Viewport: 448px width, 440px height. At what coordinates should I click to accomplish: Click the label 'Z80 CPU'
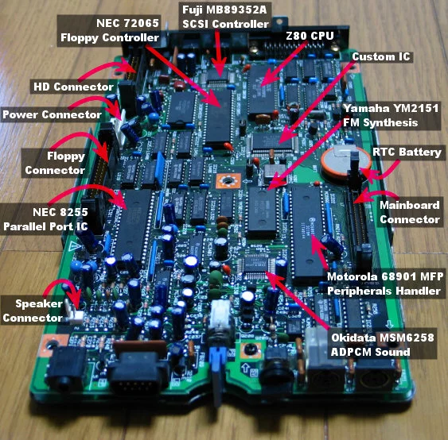(x=310, y=36)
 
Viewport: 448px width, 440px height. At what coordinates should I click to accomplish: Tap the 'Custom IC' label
(x=381, y=56)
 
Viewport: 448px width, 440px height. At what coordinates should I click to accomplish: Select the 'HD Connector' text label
(x=73, y=87)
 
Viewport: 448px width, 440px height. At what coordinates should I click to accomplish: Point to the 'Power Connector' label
(x=52, y=114)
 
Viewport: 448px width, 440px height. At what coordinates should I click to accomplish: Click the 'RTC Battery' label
(x=407, y=152)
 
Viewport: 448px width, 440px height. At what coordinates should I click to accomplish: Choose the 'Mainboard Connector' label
(x=410, y=212)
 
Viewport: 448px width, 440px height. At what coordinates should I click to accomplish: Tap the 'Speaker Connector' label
(x=33, y=311)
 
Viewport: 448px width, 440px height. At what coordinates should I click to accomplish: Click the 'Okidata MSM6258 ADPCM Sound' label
(x=383, y=345)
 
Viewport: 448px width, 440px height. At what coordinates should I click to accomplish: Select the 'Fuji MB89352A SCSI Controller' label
(x=225, y=17)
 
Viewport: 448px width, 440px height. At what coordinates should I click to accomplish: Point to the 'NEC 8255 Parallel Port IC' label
(x=45, y=219)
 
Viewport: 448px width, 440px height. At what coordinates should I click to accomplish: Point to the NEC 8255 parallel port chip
(x=133, y=224)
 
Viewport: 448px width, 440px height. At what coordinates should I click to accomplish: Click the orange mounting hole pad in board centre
(x=228, y=180)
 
